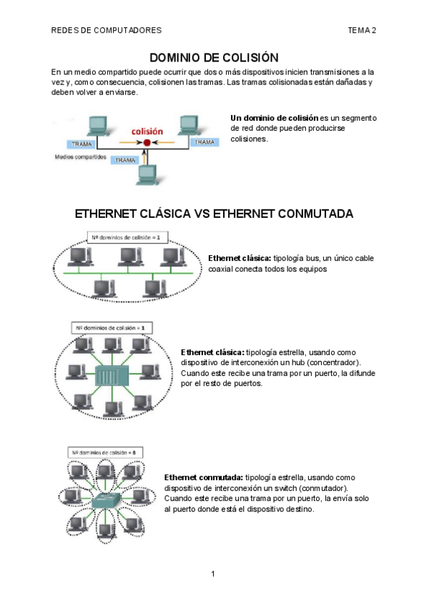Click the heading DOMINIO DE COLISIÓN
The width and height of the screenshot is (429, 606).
(213, 57)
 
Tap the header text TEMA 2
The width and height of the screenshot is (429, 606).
(363, 30)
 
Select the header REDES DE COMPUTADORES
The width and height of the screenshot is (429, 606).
(107, 30)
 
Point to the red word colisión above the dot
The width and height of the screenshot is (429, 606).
(147, 131)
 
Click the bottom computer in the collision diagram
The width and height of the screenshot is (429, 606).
(148, 174)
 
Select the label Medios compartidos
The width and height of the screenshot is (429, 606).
(81, 156)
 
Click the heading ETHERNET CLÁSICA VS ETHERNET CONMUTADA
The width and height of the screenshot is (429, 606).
(214, 214)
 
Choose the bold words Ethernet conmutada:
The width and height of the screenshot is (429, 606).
(204, 477)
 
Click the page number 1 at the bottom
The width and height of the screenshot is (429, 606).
(213, 574)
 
